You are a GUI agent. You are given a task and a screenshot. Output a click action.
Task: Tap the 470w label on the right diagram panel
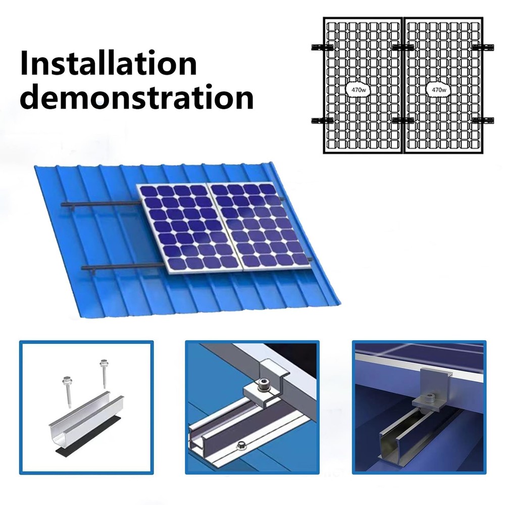pos(438,89)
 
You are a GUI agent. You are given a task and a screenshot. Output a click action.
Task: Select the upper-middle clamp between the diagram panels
pos(402,47)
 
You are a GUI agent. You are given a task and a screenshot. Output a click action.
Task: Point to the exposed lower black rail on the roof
pos(121,266)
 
